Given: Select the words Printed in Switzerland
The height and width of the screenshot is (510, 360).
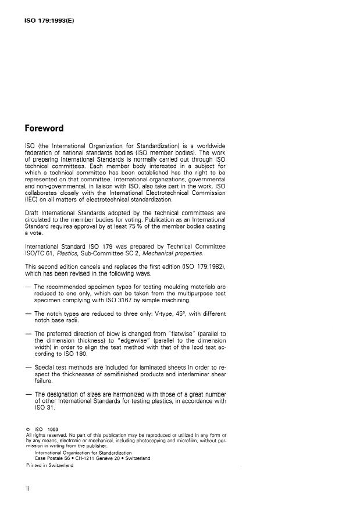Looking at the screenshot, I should click(x=50, y=466).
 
